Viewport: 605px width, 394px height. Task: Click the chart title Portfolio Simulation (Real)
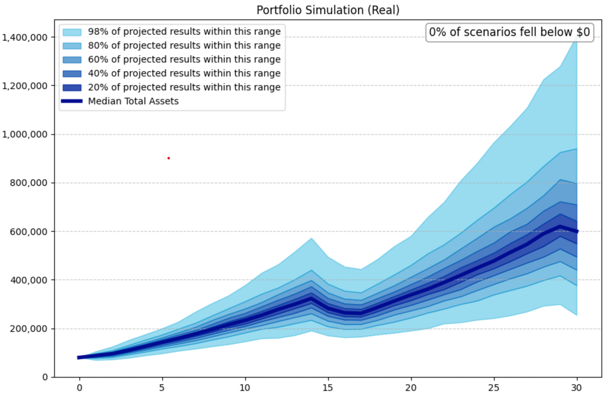tap(328, 10)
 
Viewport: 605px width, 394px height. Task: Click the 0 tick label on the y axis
tap(45, 377)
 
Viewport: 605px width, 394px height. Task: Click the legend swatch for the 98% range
tap(72, 32)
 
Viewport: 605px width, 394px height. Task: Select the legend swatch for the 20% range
tap(72, 88)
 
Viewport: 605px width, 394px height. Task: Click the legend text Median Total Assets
tap(133, 101)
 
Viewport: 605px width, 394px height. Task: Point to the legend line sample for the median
tap(72, 101)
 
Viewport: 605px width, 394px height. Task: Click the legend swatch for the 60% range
tap(72, 60)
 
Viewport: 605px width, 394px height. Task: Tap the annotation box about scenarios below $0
tap(509, 32)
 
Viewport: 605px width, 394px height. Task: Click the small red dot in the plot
tap(168, 158)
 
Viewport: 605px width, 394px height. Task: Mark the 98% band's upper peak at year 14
tap(312, 238)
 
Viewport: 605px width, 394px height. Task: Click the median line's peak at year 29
tap(560, 227)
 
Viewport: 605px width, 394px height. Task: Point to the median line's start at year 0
tap(80, 357)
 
